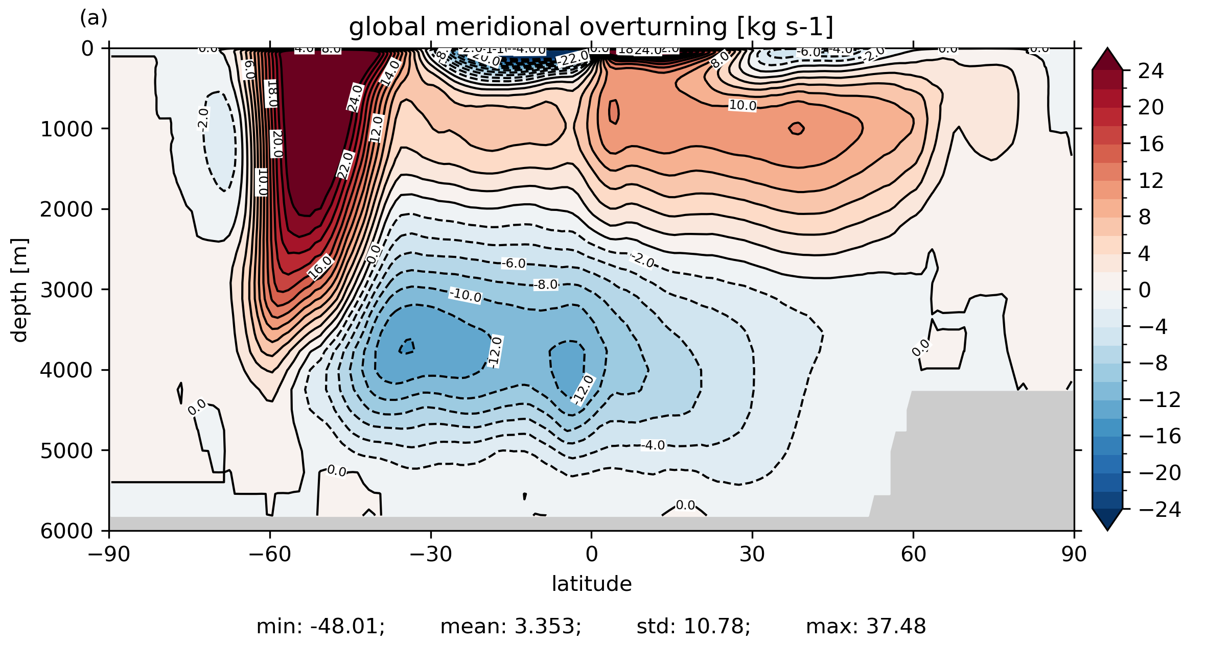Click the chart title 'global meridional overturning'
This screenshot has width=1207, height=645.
591,27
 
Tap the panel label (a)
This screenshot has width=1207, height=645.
94,18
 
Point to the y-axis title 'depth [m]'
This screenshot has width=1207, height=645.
19,290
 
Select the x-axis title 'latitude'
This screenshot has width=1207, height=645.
591,584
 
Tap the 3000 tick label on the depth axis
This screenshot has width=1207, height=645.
67,290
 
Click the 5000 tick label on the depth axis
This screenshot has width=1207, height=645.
67,451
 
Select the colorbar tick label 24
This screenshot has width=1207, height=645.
1151,71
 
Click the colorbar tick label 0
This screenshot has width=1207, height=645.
1145,291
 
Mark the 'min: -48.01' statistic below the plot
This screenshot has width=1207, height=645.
320,627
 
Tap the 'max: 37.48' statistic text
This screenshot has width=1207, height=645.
866,627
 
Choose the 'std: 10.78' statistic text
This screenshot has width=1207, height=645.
693,627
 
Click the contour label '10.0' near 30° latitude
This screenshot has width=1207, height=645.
742,106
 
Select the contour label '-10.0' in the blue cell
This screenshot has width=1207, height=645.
465,295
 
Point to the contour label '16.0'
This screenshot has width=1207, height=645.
320,268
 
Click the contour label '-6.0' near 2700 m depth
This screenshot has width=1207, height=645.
513,264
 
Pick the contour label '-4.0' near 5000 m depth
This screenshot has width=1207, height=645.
653,445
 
